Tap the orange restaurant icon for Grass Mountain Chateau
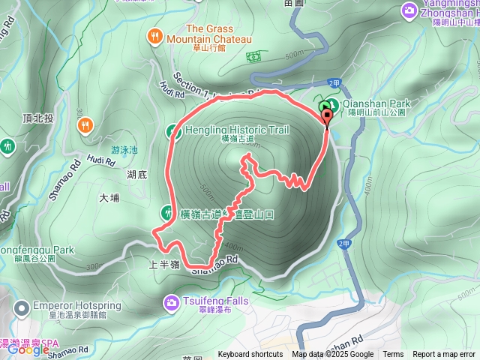click(x=154, y=34)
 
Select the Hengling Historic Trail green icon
click(x=172, y=130)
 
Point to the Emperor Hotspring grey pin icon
click(x=23, y=307)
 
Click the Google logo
click(x=28, y=349)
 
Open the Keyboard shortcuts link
click(x=250, y=355)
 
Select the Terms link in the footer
click(x=393, y=355)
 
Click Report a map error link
click(x=444, y=355)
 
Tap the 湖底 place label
click(x=136, y=174)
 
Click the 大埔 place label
click(x=109, y=198)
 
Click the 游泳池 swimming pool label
click(x=124, y=149)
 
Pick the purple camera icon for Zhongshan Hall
click(x=409, y=10)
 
